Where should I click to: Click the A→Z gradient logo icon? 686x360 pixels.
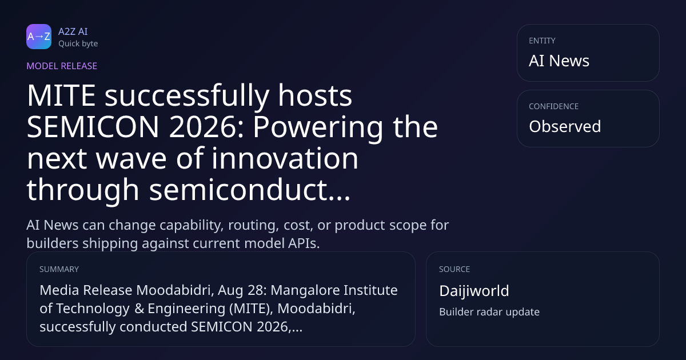tap(39, 37)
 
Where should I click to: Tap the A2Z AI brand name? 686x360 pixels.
tap(73, 31)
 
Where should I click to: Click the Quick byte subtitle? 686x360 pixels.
tap(78, 43)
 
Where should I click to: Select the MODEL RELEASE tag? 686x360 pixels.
tap(62, 66)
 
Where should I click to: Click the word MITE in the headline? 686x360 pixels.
tap(61, 95)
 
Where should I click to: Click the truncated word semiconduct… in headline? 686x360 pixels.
tap(250, 189)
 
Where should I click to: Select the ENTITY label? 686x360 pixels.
tap(542, 41)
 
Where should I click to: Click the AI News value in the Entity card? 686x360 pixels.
tap(559, 61)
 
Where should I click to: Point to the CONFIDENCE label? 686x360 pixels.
tap(554, 106)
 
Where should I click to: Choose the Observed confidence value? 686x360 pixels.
tap(565, 126)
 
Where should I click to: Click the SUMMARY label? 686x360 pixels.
tap(59, 269)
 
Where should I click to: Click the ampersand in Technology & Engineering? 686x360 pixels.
tap(139, 309)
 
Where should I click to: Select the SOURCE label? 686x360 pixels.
tap(454, 269)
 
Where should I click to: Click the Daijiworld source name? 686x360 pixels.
tap(474, 291)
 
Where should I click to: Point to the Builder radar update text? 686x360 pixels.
tap(489, 312)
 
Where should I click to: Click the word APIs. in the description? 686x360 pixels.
tap(304, 243)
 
